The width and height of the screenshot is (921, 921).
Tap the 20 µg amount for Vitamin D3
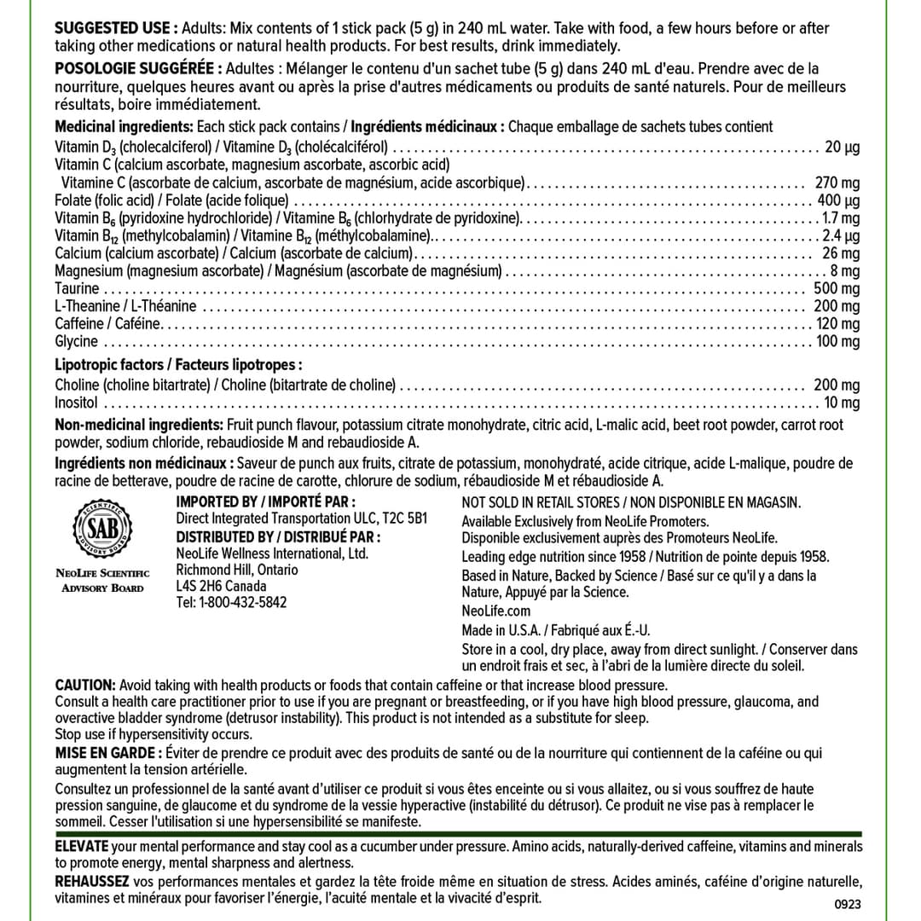842,147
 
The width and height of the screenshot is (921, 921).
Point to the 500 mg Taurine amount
837,288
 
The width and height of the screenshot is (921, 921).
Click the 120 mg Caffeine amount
837,323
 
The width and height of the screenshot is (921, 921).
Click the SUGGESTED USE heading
116,28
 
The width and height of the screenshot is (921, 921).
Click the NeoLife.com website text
495,611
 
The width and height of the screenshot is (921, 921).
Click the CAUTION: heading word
85,685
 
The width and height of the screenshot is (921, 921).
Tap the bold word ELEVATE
82,846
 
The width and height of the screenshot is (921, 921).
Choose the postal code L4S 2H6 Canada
221,586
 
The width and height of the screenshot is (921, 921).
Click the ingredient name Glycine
77,341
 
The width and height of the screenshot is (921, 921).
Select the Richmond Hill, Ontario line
237,570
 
